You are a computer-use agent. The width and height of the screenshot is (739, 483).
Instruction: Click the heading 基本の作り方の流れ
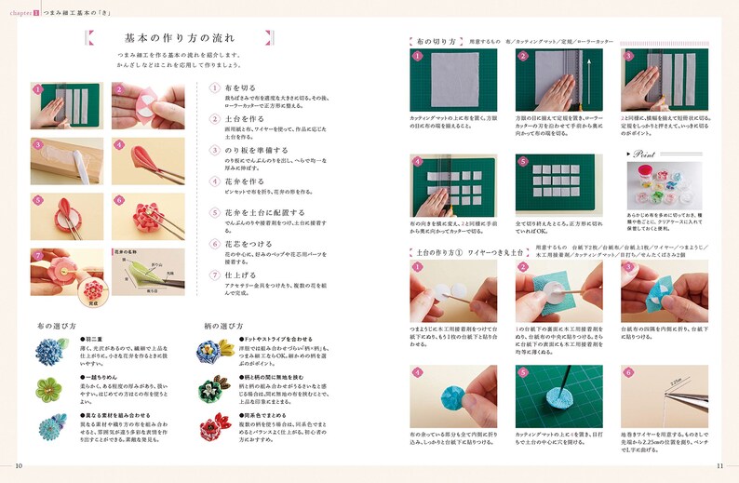[180, 38]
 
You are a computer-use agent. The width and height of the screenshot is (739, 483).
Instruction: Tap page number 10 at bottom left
[20, 466]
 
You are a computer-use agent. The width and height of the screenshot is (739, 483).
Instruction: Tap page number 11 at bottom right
[719, 466]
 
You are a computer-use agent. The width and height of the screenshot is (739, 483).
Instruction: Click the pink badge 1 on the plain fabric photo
[418, 56]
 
